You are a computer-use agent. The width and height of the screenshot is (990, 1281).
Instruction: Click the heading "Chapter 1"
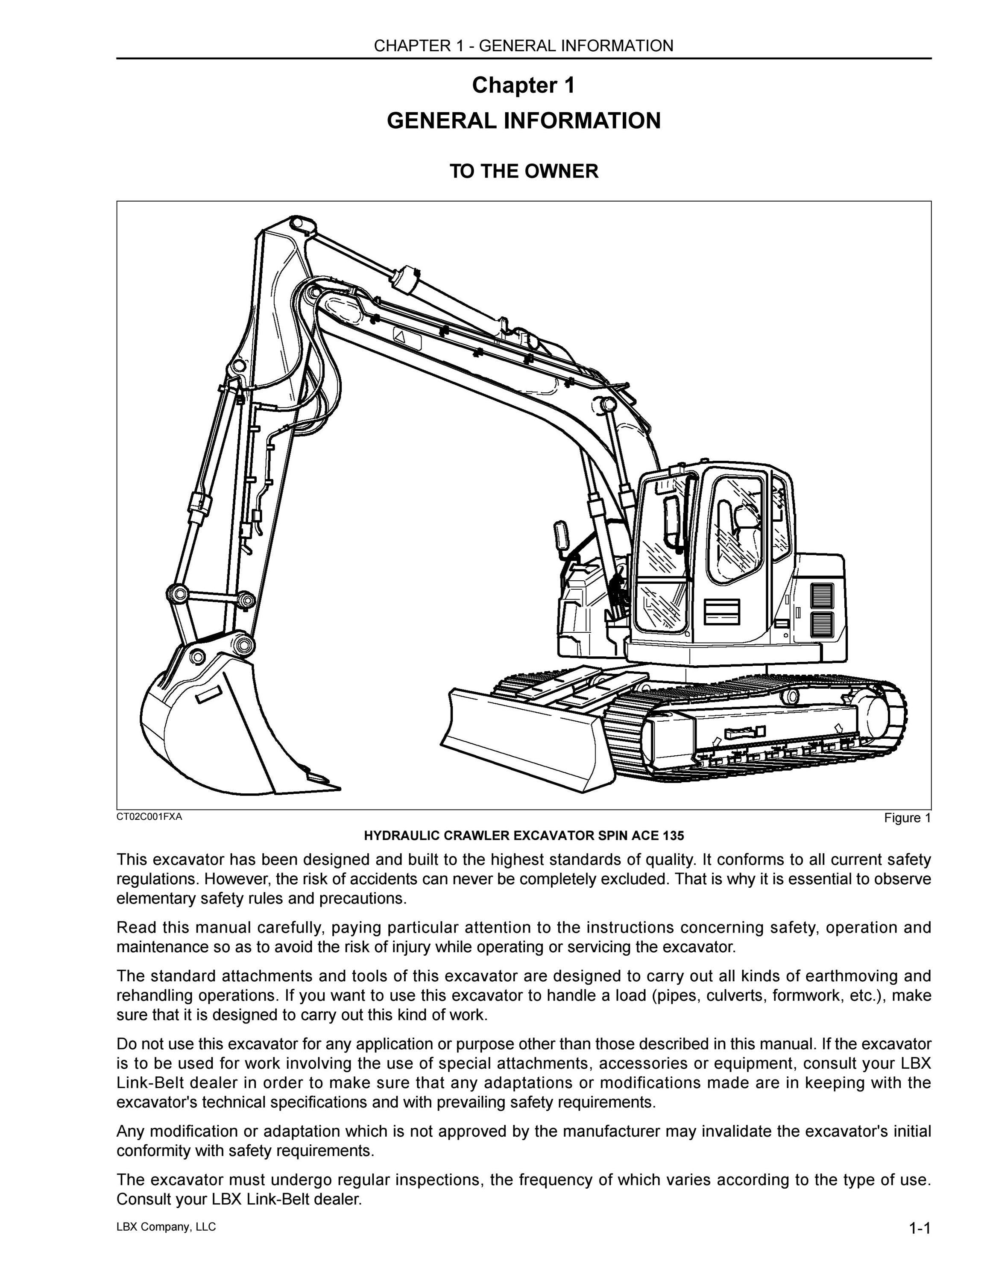tap(523, 86)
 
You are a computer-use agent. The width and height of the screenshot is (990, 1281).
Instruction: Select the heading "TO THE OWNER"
tap(524, 171)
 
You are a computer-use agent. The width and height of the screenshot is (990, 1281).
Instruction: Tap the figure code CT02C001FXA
tap(149, 816)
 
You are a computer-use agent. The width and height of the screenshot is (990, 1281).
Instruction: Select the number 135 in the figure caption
tap(674, 835)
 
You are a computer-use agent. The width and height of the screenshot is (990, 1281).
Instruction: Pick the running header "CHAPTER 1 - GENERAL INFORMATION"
tap(524, 46)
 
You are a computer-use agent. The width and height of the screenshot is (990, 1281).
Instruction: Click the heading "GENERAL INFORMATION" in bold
tap(524, 121)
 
